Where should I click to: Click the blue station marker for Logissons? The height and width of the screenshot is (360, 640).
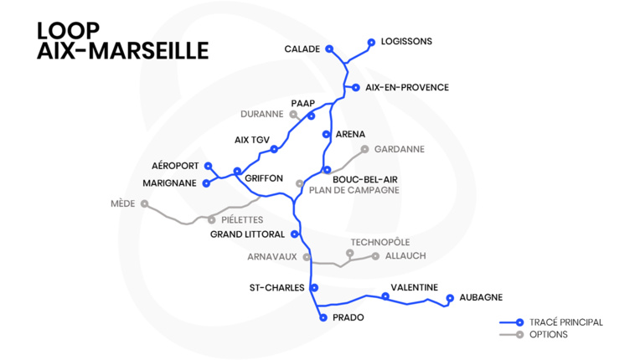click(x=371, y=41)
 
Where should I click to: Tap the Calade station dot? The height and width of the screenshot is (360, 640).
click(x=329, y=49)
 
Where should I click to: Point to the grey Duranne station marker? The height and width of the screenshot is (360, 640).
click(x=293, y=114)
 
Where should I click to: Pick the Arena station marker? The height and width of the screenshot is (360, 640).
click(x=326, y=134)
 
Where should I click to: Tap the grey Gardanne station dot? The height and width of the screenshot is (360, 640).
click(x=364, y=149)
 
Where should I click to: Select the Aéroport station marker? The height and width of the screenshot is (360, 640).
click(x=209, y=166)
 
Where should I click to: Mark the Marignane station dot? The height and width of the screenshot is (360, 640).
click(x=206, y=183)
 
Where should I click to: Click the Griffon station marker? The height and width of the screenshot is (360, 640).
click(x=237, y=171)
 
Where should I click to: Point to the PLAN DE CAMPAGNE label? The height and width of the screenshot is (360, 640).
click(x=354, y=190)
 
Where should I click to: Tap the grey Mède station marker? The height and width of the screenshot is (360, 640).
click(x=145, y=203)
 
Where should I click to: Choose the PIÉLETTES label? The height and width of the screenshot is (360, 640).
click(x=242, y=219)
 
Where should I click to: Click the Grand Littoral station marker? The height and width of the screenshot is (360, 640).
click(x=295, y=234)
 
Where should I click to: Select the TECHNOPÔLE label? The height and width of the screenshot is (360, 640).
click(x=380, y=243)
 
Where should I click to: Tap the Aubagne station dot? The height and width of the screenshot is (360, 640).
click(x=450, y=297)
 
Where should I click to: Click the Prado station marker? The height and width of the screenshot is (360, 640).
click(x=323, y=318)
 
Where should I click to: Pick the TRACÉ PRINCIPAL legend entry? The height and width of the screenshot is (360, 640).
click(x=565, y=322)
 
